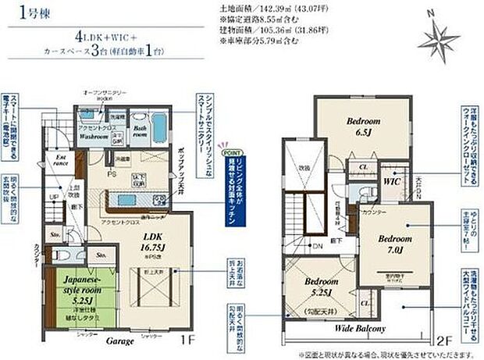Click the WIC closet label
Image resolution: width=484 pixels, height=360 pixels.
(390, 180)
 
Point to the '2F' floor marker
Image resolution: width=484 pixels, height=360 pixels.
(446, 341)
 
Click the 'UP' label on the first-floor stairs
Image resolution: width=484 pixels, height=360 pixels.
(53, 197)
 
